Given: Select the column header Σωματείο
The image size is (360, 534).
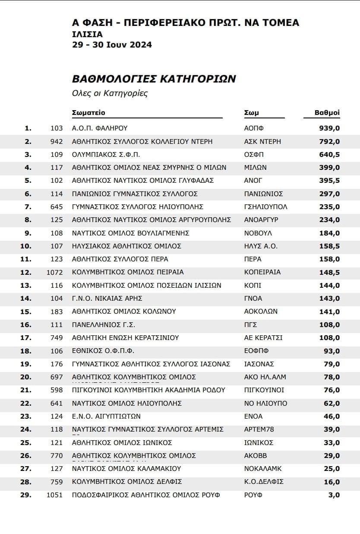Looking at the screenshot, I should (x=88, y=113).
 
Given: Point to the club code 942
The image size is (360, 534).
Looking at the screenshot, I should (x=57, y=141).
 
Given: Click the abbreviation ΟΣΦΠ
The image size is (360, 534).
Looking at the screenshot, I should (x=254, y=154).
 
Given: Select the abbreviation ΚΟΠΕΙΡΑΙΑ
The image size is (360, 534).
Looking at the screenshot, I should (x=262, y=272).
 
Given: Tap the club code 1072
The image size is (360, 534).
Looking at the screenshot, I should (x=55, y=272).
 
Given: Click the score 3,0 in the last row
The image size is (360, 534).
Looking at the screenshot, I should (x=334, y=495).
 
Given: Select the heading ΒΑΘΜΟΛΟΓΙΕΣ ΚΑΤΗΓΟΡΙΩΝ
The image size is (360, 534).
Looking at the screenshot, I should (x=154, y=79).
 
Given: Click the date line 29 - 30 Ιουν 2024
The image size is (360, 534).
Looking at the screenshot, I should (x=112, y=44).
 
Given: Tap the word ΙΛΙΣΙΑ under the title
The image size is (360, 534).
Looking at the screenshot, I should (x=88, y=34).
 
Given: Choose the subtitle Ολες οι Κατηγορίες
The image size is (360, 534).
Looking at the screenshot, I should (x=110, y=93).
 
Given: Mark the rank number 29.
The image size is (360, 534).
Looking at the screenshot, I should (x=26, y=495).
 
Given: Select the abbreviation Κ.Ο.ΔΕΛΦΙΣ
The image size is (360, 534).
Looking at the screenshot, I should (x=264, y=481).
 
